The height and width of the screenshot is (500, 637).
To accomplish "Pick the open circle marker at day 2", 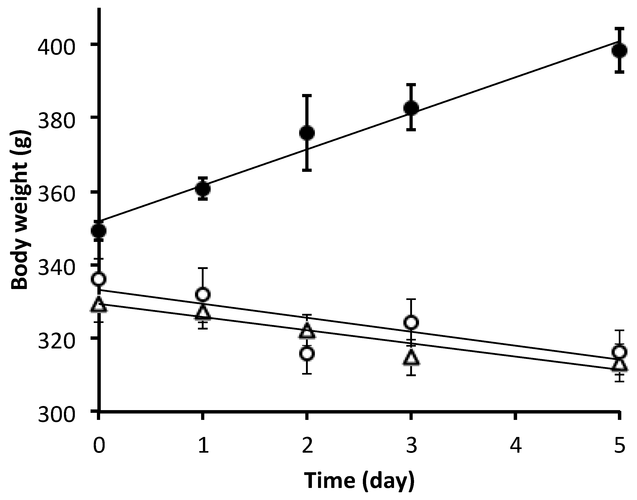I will [x=307, y=354].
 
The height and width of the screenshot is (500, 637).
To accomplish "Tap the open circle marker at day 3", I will [x=411, y=322].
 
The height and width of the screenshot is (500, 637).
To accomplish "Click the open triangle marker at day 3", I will [x=411, y=358].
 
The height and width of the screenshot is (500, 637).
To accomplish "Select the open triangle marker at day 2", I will [x=307, y=332].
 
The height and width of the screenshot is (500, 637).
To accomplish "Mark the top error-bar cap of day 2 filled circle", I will [x=307, y=95].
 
